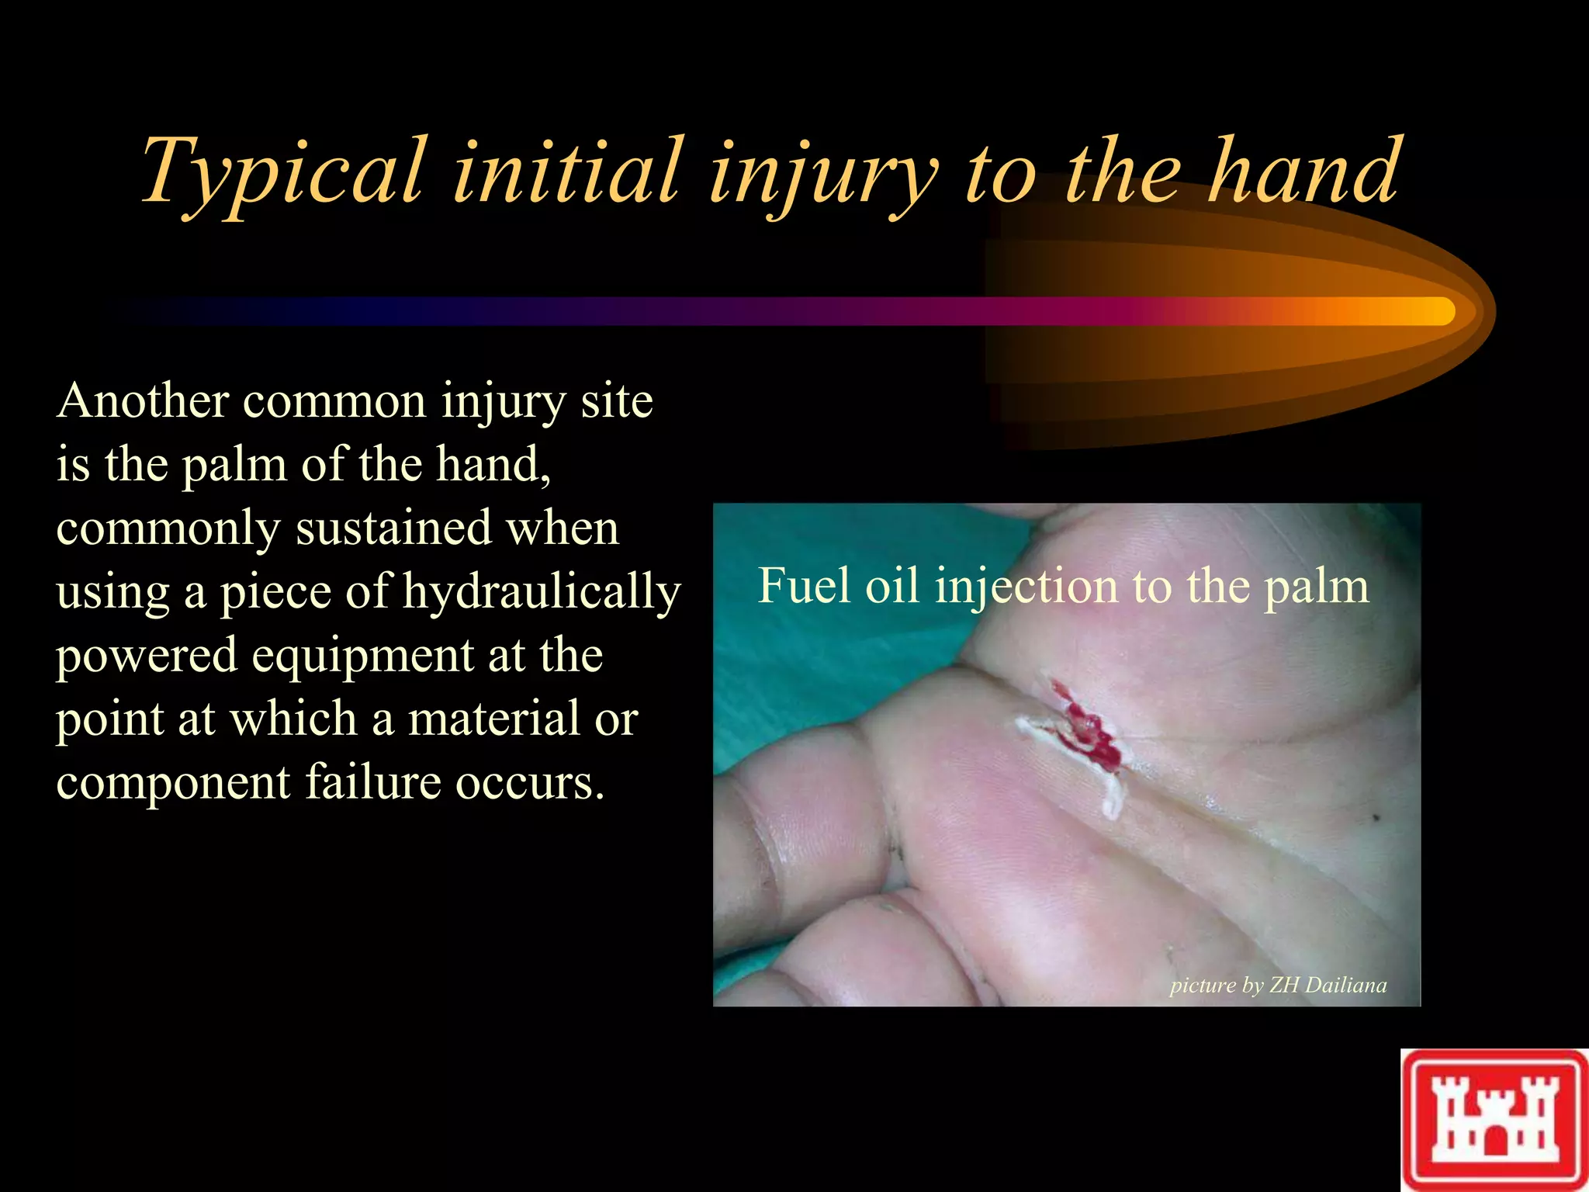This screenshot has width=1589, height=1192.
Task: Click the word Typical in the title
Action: point(284,172)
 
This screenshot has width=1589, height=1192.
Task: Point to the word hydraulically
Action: point(542,593)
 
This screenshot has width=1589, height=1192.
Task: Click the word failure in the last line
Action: point(373,782)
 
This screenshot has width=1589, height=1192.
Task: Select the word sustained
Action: point(394,528)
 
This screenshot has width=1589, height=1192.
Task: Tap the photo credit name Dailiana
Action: point(1346,985)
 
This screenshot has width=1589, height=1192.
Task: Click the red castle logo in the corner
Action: point(1494,1120)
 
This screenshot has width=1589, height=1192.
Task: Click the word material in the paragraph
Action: point(493,719)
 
